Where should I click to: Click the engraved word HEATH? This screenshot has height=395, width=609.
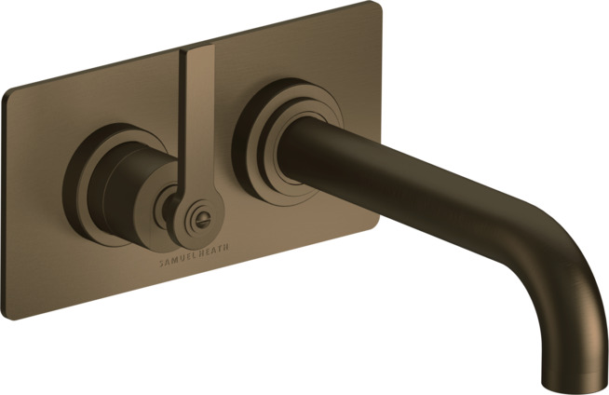pos(214,250)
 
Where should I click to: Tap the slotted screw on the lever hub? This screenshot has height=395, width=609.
pos(202,222)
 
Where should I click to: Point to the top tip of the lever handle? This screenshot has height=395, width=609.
pos(197,47)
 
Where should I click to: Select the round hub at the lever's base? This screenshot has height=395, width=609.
pos(199,220)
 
